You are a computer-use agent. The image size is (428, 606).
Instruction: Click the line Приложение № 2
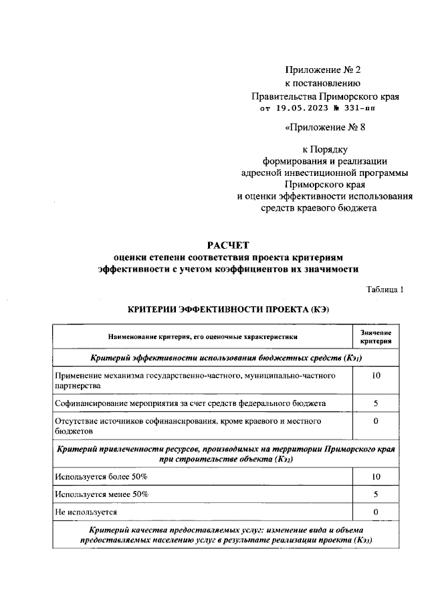[322, 70]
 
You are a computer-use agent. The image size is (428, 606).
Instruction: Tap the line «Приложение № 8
[325, 126]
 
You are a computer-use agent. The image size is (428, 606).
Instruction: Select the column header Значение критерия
[376, 337]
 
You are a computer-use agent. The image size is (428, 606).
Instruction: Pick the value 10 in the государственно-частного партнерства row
[376, 377]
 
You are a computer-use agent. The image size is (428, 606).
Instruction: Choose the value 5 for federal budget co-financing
[376, 404]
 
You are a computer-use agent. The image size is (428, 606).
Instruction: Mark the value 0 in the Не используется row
[376, 512]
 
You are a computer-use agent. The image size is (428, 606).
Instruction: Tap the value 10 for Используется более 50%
[376, 476]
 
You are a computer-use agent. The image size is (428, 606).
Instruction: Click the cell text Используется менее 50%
[102, 494]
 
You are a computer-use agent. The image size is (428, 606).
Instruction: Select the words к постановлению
[323, 84]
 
